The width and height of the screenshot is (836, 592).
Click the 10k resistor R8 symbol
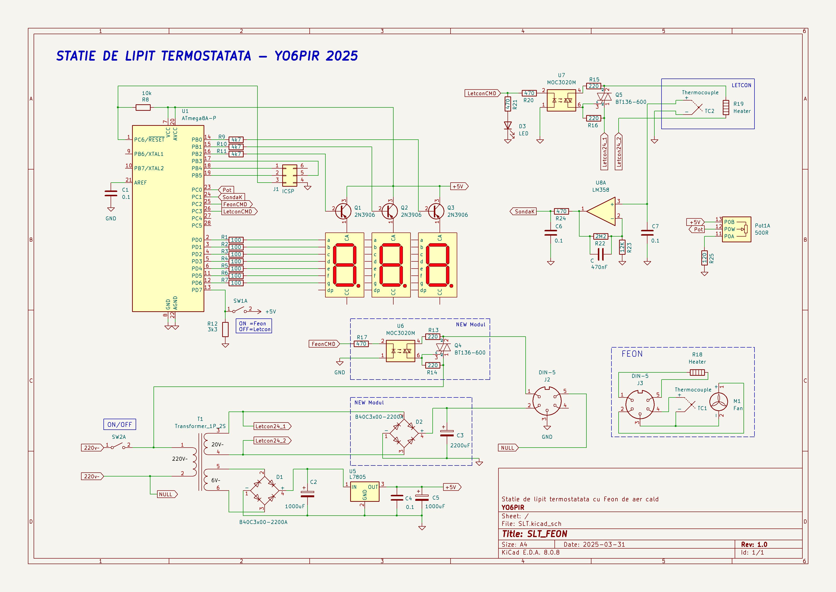(143, 107)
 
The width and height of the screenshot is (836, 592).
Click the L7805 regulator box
(364, 492)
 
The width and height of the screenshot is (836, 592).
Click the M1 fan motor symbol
(719, 404)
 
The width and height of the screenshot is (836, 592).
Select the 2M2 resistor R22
(601, 236)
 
